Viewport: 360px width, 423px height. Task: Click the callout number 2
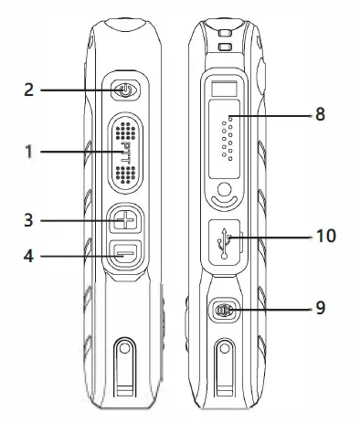click(x=28, y=90)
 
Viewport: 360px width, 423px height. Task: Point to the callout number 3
click(x=29, y=220)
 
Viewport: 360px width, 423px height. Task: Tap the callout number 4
click(x=29, y=259)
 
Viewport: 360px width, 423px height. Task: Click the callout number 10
click(x=325, y=236)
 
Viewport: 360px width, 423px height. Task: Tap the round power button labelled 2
click(x=124, y=90)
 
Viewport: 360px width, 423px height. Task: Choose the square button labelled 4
click(x=124, y=253)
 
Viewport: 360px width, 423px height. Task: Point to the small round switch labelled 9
click(x=223, y=311)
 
